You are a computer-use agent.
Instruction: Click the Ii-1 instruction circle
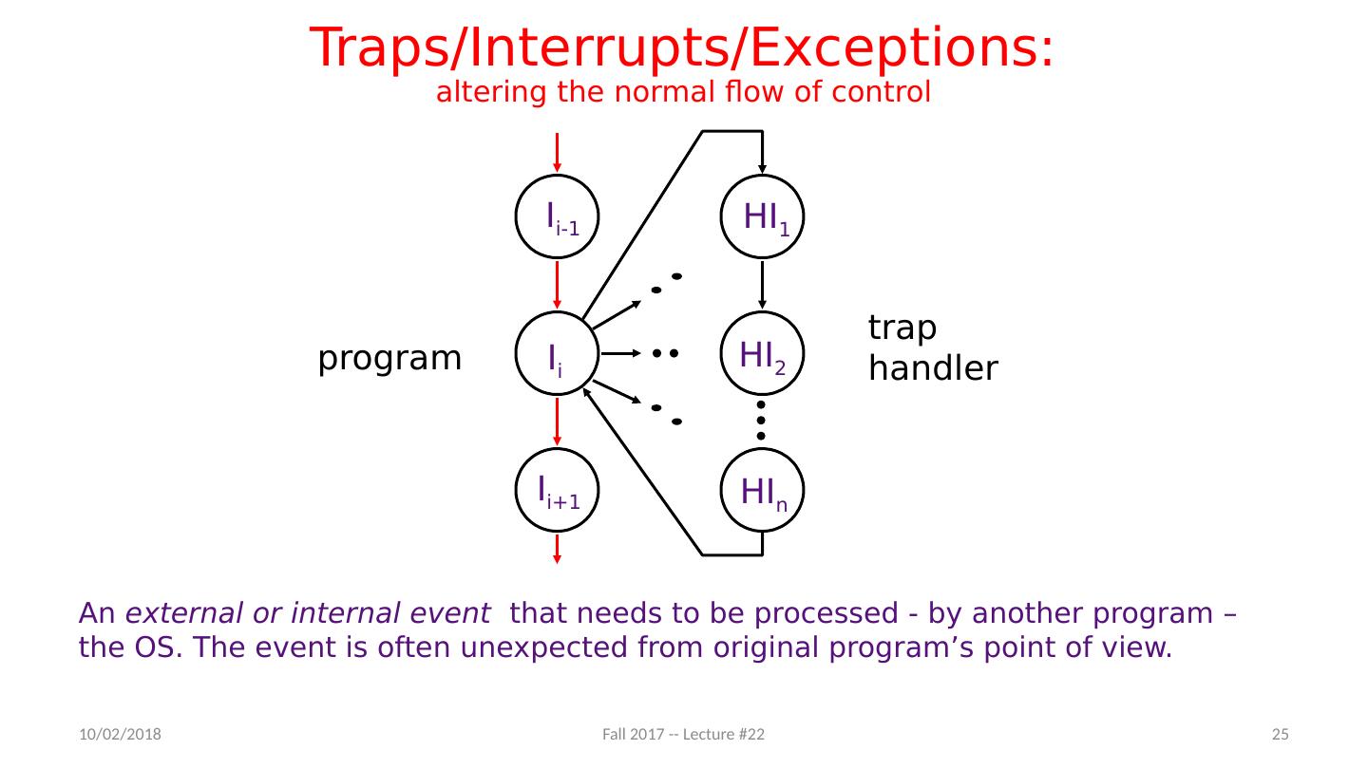point(558,217)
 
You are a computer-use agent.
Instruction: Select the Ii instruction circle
point(558,353)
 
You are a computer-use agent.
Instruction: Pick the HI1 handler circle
point(763,217)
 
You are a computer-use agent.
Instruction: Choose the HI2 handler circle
point(763,353)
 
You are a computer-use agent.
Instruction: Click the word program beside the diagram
point(389,359)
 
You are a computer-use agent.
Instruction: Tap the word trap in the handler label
point(902,328)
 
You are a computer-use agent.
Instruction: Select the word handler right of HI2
point(933,368)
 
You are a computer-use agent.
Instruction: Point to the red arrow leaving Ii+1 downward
point(558,548)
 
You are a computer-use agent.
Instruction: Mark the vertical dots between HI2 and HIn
point(762,420)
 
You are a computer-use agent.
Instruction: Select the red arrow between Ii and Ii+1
point(558,421)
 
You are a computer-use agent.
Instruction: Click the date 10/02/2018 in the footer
point(119,735)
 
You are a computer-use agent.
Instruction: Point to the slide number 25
point(1280,735)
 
